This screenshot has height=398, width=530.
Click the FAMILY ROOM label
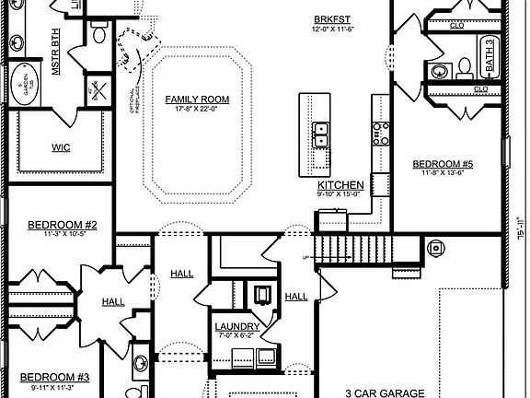[197, 99]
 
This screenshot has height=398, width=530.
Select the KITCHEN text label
[341, 185]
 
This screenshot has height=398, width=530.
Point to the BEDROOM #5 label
[443, 164]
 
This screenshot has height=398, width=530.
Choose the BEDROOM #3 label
[56, 377]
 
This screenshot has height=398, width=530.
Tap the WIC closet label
[62, 147]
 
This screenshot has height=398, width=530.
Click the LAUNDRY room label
[236, 327]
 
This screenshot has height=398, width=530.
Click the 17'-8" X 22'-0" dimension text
[197, 109]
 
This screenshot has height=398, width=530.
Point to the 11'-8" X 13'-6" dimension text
[443, 173]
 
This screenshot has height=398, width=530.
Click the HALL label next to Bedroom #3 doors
[113, 301]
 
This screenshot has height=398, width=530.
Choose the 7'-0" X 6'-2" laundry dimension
[236, 336]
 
